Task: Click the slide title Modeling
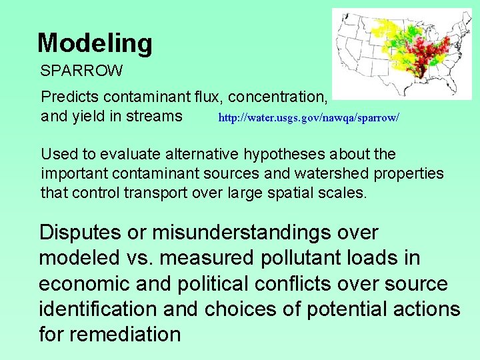[x=95, y=43]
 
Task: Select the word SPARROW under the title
[x=81, y=70]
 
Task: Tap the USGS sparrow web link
[x=309, y=118]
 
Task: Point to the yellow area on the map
[x=385, y=30]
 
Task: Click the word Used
[x=59, y=155]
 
